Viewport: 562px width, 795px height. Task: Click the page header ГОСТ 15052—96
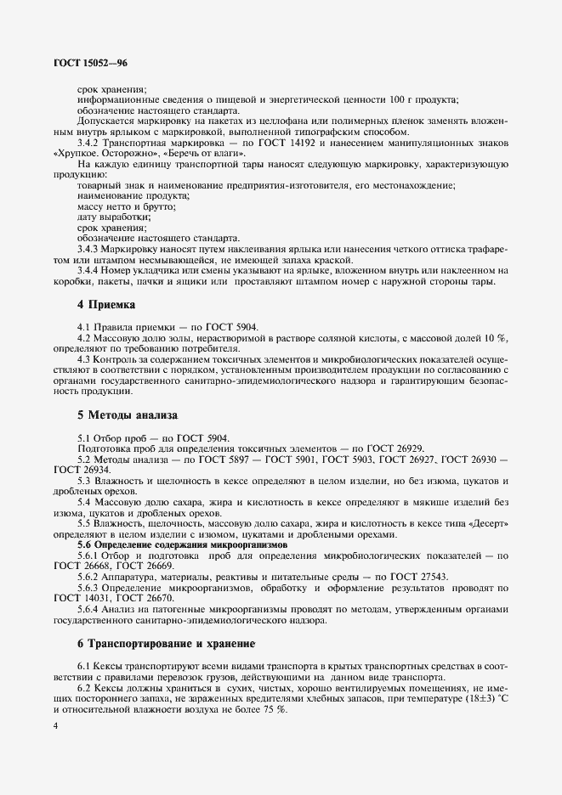[x=91, y=63]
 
